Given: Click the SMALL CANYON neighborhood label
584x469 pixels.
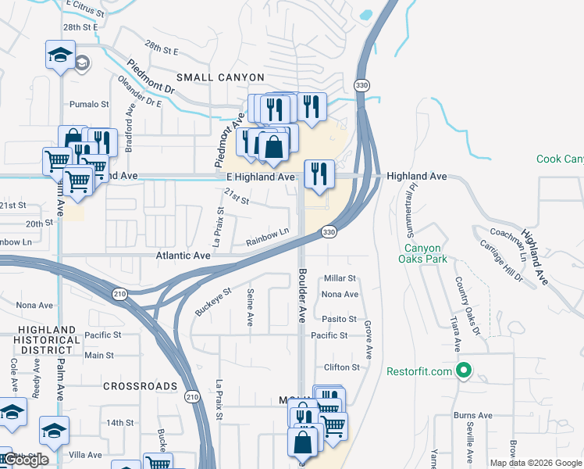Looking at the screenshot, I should (x=220, y=77).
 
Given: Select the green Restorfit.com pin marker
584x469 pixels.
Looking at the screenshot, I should (x=464, y=371).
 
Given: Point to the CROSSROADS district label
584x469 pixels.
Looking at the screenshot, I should (x=140, y=386).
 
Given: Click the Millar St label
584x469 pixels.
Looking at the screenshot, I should (x=340, y=278).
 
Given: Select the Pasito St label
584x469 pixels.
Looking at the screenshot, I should (x=339, y=319).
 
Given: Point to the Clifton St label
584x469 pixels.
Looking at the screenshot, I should (x=342, y=367).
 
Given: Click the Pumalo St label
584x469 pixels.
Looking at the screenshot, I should (x=89, y=104).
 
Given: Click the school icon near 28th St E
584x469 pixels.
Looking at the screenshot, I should (x=60, y=55).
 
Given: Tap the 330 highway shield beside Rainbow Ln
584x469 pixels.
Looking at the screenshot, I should (x=329, y=232).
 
